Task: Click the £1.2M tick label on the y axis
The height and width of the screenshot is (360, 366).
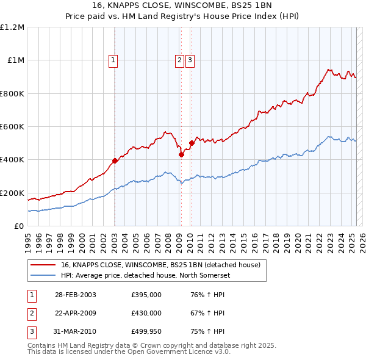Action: point(12,27)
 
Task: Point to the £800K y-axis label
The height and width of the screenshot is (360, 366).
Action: point(12,93)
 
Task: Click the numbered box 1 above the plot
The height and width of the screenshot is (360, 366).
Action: point(114,60)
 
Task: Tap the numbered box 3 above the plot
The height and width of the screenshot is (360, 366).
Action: point(190,60)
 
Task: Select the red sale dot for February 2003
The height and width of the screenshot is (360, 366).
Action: point(115,161)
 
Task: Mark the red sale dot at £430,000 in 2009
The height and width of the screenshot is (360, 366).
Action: point(181,155)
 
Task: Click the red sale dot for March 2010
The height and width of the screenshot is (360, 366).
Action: point(192,143)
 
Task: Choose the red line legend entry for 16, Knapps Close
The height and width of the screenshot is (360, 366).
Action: point(160,265)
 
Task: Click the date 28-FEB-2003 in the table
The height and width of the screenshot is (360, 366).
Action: point(75,295)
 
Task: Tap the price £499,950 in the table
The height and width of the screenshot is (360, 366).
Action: point(146,332)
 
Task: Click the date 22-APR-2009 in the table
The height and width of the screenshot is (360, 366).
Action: point(75,313)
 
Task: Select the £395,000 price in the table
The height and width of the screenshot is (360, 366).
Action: point(146,295)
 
